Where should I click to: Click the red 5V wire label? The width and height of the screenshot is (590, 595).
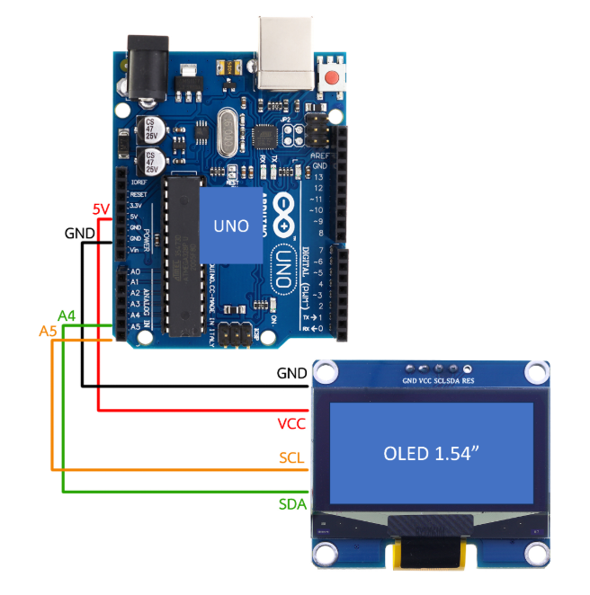click(102, 209)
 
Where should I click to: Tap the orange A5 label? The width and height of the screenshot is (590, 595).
click(49, 332)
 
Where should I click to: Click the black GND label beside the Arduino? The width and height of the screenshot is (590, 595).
click(80, 232)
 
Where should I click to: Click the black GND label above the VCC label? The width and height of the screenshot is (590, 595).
click(291, 371)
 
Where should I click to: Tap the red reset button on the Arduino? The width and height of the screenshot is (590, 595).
click(334, 77)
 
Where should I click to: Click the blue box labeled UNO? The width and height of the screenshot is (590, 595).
click(231, 226)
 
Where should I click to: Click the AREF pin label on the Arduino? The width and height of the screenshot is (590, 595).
click(319, 155)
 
